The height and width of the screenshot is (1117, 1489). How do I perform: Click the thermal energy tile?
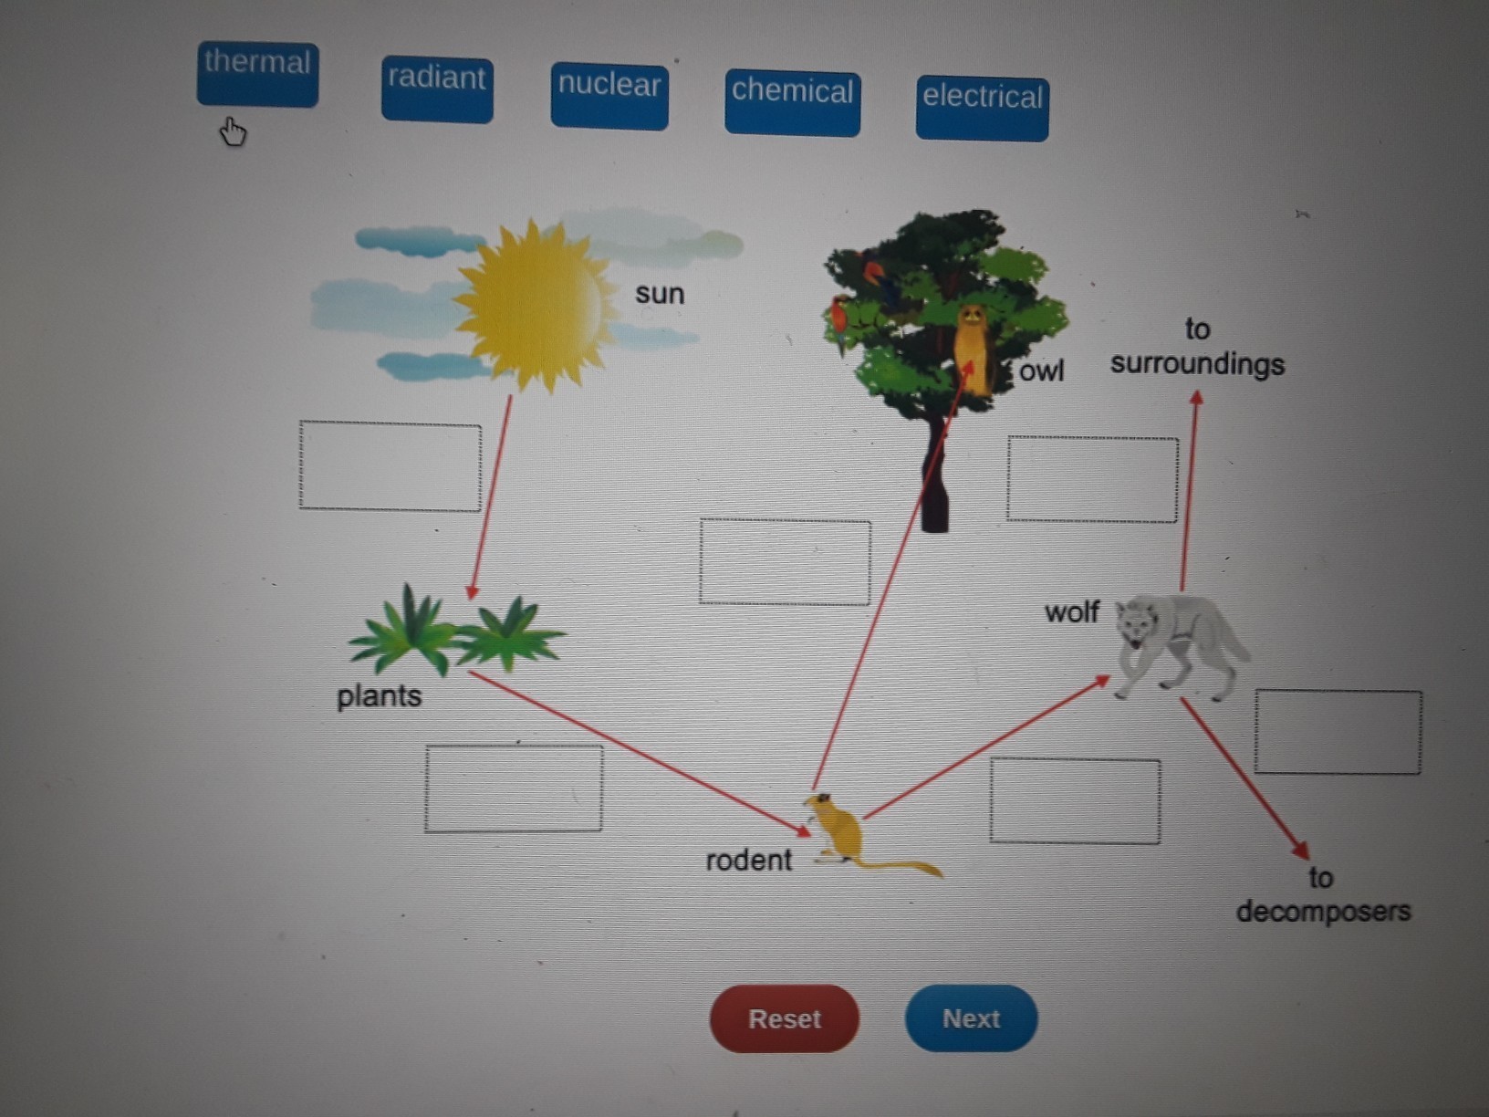click(257, 74)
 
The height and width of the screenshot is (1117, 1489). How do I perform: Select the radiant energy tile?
click(437, 89)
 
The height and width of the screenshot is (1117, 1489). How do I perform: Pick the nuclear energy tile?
click(609, 96)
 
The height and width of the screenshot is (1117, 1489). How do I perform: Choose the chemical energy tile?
click(792, 103)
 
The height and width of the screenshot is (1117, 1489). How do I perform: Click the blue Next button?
click(971, 1018)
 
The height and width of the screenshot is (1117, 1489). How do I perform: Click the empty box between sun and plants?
click(390, 465)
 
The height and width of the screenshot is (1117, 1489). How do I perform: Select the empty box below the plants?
click(514, 788)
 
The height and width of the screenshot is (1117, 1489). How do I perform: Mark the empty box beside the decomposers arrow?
click(1338, 732)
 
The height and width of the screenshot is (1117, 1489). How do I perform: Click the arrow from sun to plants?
click(491, 497)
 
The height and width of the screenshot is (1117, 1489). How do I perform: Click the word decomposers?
click(1323, 911)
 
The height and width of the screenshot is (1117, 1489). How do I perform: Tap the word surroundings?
click(1197, 364)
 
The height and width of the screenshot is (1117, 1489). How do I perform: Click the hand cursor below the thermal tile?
click(233, 133)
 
